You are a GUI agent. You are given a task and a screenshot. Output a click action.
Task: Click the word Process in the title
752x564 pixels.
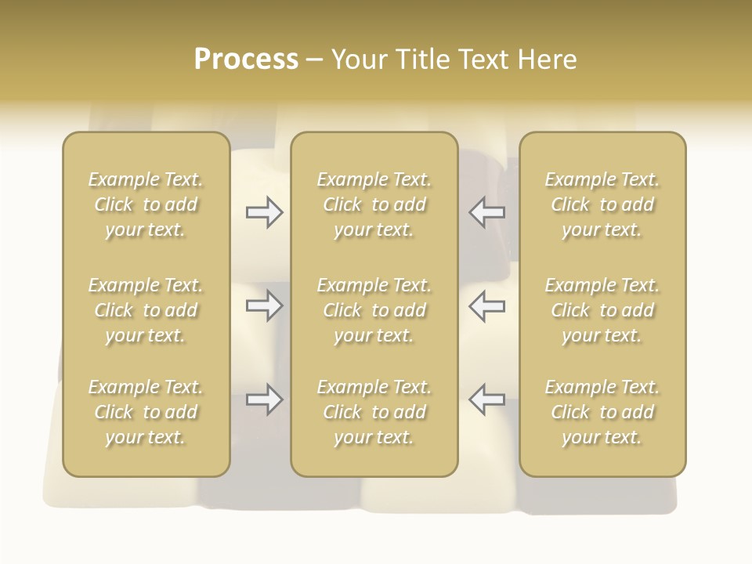(x=246, y=60)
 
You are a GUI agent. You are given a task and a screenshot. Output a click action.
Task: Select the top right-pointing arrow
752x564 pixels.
(x=265, y=212)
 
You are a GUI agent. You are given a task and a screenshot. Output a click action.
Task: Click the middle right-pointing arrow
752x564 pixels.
(x=265, y=305)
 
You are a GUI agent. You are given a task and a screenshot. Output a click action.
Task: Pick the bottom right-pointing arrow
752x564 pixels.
(x=265, y=399)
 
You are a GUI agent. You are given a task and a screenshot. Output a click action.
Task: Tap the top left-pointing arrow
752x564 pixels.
(x=486, y=212)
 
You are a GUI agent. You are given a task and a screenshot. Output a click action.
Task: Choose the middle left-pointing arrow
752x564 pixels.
(x=486, y=305)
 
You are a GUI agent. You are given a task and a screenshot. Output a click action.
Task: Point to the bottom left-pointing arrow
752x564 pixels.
(x=486, y=399)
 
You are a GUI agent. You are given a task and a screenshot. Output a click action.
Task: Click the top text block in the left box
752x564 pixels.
(x=146, y=204)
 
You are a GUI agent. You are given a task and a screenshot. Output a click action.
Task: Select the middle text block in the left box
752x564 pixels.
(x=146, y=310)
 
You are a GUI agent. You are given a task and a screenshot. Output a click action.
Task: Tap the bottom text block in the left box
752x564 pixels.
(x=146, y=412)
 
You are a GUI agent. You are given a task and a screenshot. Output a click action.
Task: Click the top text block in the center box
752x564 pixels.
(x=374, y=204)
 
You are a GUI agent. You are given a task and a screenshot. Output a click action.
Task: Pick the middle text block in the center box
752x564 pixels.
(x=374, y=310)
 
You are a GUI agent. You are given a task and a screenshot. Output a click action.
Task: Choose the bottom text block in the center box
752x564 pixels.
(x=374, y=412)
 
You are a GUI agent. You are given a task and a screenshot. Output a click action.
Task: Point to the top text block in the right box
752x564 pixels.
(x=602, y=204)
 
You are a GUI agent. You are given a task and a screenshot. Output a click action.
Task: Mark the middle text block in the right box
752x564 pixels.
(x=602, y=310)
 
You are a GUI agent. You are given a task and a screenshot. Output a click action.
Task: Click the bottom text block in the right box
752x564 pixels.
(x=602, y=412)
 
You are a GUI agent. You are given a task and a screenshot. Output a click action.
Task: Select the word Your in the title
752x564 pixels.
(x=360, y=60)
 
